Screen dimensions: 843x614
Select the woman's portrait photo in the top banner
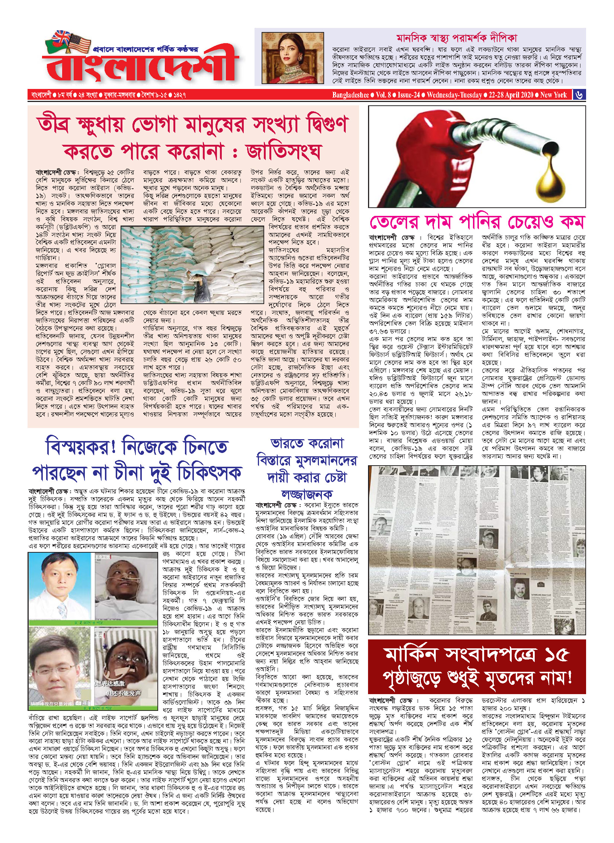(x=292, y=58)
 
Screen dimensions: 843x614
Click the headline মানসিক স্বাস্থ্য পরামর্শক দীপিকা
(x=457, y=38)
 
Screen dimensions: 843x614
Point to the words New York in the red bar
(x=553, y=95)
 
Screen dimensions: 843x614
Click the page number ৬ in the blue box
(x=579, y=95)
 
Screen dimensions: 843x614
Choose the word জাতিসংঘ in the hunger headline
(x=283, y=151)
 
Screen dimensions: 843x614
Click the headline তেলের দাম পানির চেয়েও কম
(x=477, y=222)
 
